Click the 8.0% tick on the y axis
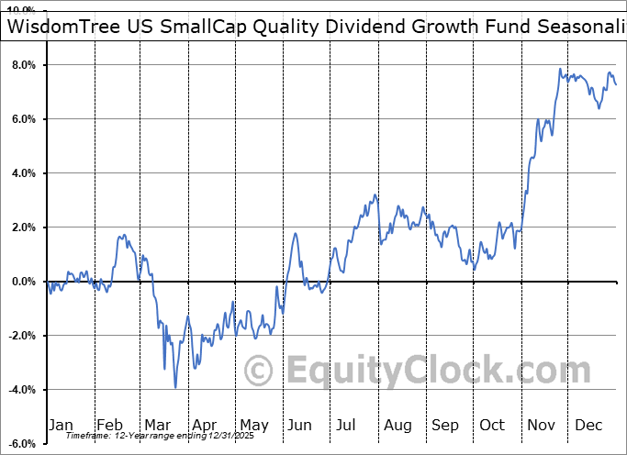pyautogui.click(x=23, y=65)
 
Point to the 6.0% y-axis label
pyautogui.click(x=23, y=119)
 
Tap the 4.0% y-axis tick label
pyautogui.click(x=23, y=173)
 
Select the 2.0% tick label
pyautogui.click(x=23, y=227)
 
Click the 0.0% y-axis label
pyautogui.click(x=23, y=282)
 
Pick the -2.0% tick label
pyautogui.click(x=21, y=336)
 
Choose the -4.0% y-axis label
pyautogui.click(x=21, y=390)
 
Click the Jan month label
pyautogui.click(x=61, y=425)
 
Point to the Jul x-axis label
pyautogui.click(x=347, y=425)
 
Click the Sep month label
pyautogui.click(x=444, y=425)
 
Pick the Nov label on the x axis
pyautogui.click(x=542, y=425)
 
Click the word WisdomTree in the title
pyautogui.click(x=69, y=27)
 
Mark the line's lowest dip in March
pyautogui.click(x=175, y=387)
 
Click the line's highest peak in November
pyautogui.click(x=559, y=69)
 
